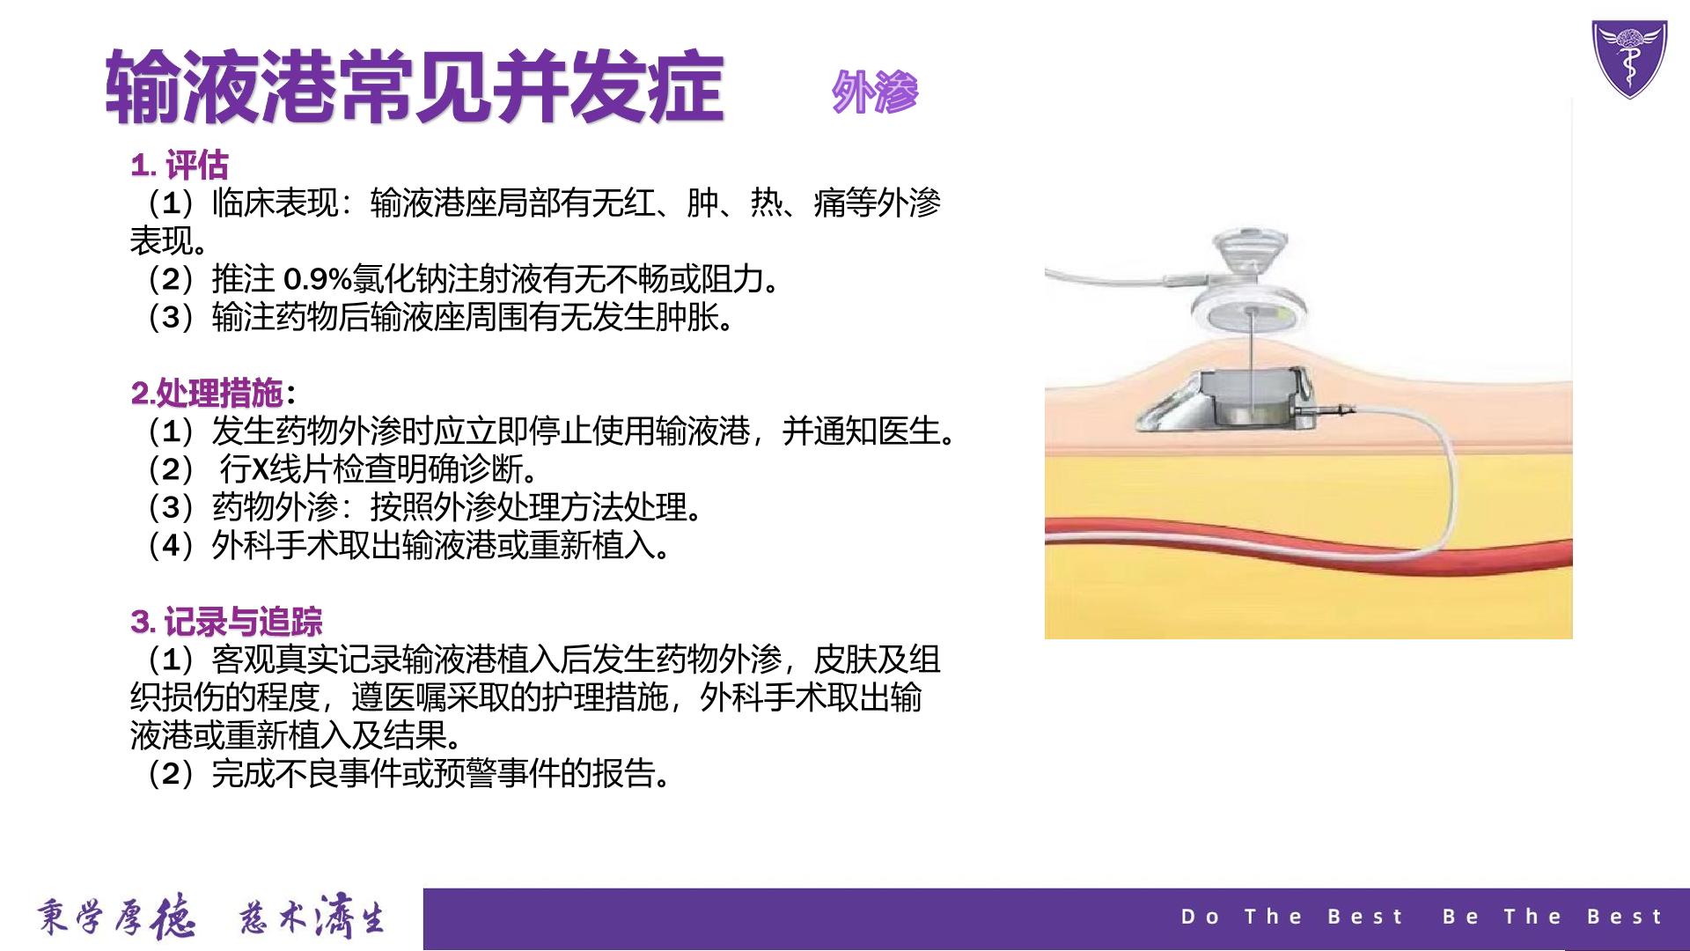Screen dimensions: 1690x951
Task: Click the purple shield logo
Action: (1629, 58)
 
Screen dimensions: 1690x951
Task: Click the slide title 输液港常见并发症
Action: (415, 87)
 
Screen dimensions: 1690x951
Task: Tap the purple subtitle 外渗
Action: (875, 92)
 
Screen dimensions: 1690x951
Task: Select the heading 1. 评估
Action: (180, 166)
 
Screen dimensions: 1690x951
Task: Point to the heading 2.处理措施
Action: (208, 393)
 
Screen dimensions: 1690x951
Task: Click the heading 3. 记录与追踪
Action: (227, 622)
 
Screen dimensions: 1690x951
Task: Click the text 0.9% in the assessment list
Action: (318, 280)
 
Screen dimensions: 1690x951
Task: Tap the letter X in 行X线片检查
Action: (261, 469)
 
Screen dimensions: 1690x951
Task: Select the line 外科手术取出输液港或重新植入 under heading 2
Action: (409, 546)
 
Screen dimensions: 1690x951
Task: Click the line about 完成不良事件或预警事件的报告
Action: (409, 774)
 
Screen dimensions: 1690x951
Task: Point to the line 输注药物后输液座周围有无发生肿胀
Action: (441, 318)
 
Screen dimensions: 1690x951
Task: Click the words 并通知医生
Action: (869, 431)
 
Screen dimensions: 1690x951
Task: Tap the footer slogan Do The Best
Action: (1292, 917)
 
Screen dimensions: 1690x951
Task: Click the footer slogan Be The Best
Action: (1553, 917)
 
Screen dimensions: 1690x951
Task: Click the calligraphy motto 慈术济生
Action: (313, 918)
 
